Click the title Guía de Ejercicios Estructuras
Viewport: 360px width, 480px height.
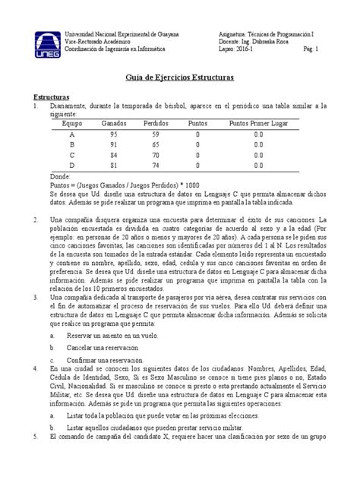[179, 79]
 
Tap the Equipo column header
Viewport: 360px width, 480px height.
[72, 122]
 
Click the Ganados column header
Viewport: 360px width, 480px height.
[114, 122]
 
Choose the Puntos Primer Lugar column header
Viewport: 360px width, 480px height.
[257, 122]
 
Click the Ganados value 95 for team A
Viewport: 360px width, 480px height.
[114, 133]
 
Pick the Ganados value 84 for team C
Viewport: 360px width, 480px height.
[114, 153]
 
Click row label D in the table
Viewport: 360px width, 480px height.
[72, 164]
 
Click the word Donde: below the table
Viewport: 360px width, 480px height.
[58, 175]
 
